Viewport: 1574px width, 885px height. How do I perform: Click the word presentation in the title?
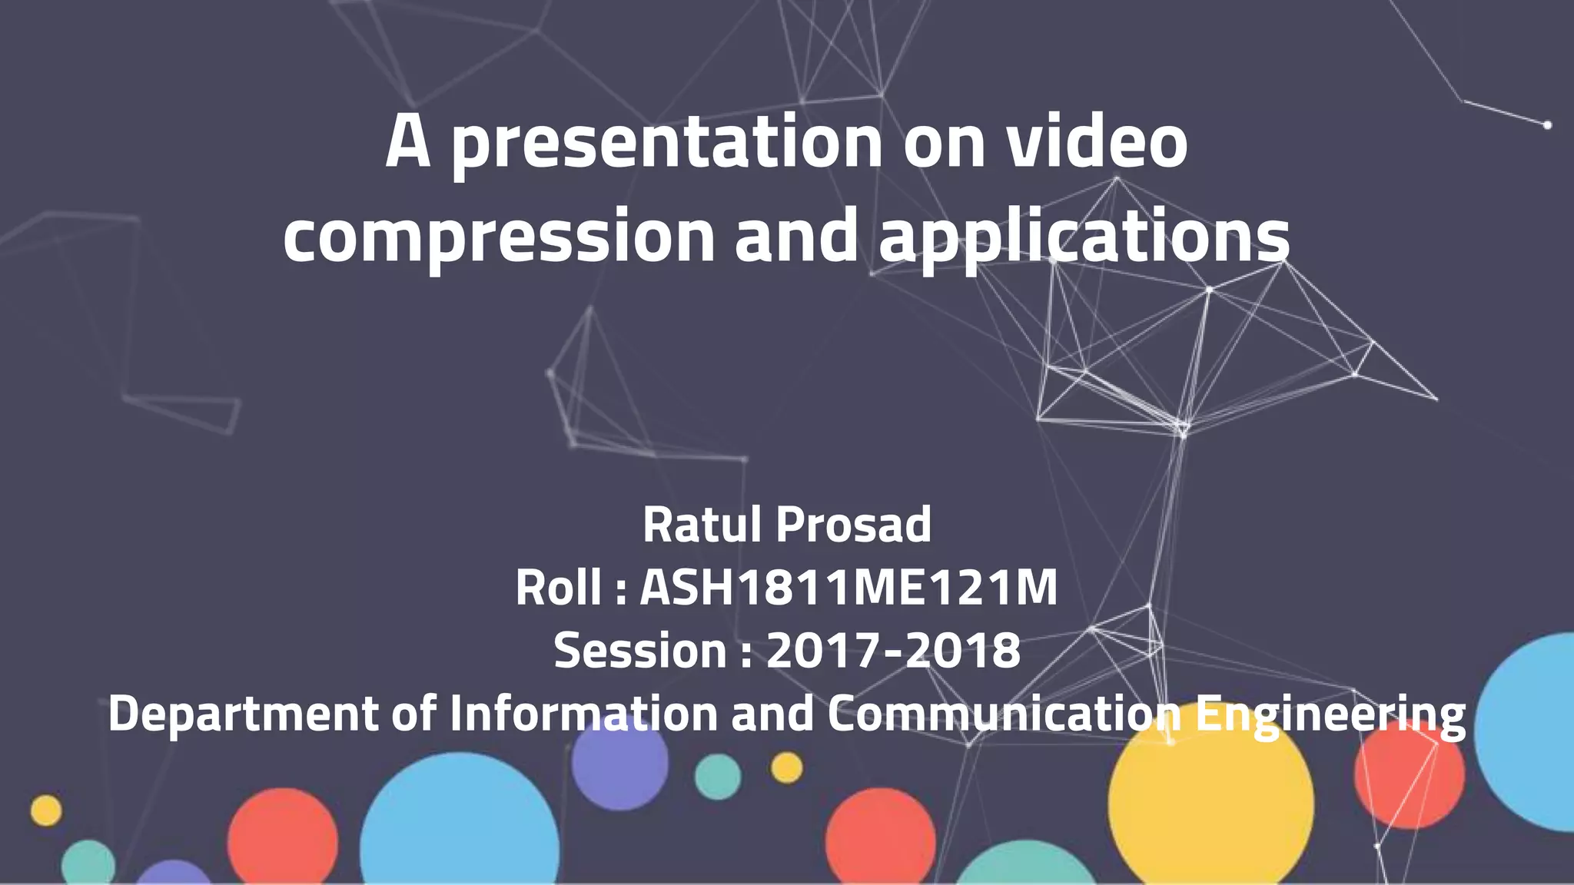666,144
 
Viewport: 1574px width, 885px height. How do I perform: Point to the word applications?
1084,236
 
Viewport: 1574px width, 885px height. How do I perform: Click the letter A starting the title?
407,142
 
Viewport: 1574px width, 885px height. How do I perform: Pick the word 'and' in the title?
796,234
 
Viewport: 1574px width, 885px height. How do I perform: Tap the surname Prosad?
853,525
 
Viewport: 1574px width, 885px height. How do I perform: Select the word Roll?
558,588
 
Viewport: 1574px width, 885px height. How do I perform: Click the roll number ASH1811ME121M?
848,588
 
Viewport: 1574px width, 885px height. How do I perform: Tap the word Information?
583,713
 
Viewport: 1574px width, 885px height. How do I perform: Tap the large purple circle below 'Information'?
619,764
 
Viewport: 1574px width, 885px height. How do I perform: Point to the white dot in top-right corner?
1547,124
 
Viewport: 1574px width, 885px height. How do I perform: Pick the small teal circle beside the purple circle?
718,776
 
